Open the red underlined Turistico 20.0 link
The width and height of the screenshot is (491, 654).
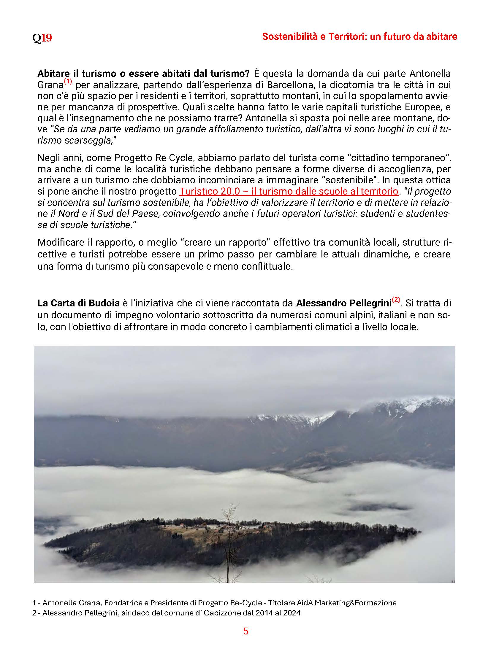289,191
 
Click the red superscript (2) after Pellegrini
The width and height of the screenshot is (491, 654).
396,300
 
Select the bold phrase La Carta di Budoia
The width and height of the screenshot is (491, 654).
78,303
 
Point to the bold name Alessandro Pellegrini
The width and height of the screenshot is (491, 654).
343,303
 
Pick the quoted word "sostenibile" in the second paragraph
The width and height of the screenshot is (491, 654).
356,180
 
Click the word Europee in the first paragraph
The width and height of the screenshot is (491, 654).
417,107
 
